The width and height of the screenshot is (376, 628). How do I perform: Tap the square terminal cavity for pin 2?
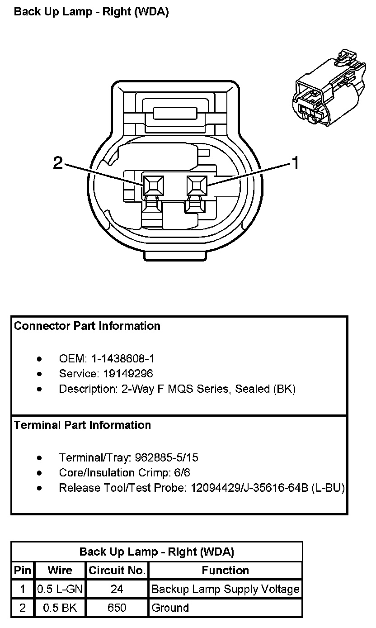click(153, 185)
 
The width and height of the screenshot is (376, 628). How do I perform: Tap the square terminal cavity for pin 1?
click(197, 185)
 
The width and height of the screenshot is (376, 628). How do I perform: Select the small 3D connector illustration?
click(329, 87)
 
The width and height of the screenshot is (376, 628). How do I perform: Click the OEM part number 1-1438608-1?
click(123, 358)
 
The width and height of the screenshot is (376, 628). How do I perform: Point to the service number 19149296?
click(128, 373)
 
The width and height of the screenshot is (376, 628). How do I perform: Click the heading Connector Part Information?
click(87, 326)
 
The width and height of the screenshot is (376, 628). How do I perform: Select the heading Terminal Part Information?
click(82, 425)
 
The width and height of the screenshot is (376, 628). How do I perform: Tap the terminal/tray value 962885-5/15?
click(167, 457)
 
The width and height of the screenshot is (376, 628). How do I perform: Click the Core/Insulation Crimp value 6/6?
click(182, 473)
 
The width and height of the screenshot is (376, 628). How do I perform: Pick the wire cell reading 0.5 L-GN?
click(60, 589)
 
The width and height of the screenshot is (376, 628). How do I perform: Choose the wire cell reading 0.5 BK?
click(60, 608)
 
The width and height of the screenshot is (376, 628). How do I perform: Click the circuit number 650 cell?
click(117, 608)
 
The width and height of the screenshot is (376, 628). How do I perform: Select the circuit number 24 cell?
click(117, 589)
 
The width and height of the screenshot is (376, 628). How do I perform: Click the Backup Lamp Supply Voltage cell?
click(226, 589)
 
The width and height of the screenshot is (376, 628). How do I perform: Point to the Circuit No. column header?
click(117, 570)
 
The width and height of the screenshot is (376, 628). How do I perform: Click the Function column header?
click(226, 570)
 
